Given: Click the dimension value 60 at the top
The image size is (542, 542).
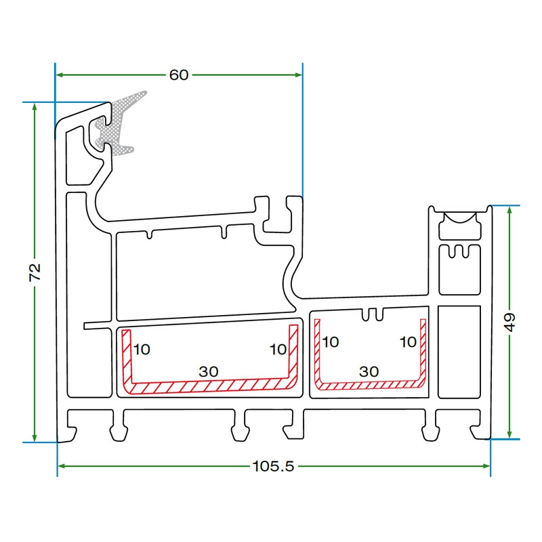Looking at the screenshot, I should [x=179, y=75].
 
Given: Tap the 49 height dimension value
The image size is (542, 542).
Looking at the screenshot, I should [x=510, y=320].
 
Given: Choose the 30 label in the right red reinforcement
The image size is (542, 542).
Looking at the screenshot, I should [x=369, y=371].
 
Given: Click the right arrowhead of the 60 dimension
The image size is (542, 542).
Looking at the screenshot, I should [x=298, y=75].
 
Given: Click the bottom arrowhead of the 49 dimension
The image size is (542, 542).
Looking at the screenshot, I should [x=510, y=434].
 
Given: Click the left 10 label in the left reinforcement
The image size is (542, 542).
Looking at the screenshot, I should [x=142, y=350].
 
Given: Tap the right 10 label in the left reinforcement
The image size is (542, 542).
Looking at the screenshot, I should [x=278, y=350].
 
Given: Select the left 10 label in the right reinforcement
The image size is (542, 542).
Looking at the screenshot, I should [x=330, y=342].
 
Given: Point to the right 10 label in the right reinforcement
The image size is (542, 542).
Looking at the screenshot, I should [x=408, y=342].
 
